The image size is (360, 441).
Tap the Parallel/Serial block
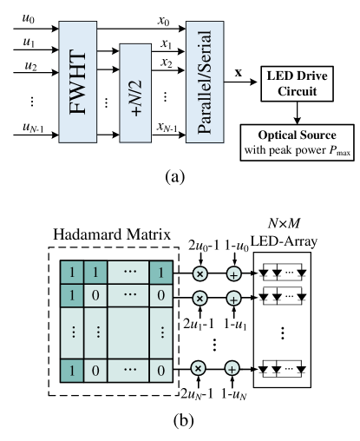(x=205, y=82)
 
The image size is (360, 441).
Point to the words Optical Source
(x=297, y=136)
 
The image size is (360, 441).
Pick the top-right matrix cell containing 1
(x=161, y=273)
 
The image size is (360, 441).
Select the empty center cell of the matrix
(x=130, y=332)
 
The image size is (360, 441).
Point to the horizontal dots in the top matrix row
(x=130, y=273)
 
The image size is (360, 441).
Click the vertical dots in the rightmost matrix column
(x=161, y=332)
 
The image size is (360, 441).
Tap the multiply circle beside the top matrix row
(x=200, y=274)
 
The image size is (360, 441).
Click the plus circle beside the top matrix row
(x=232, y=274)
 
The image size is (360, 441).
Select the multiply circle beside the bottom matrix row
(x=199, y=369)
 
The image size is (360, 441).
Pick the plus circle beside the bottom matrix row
(x=232, y=369)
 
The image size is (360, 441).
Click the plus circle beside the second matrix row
(x=232, y=299)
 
